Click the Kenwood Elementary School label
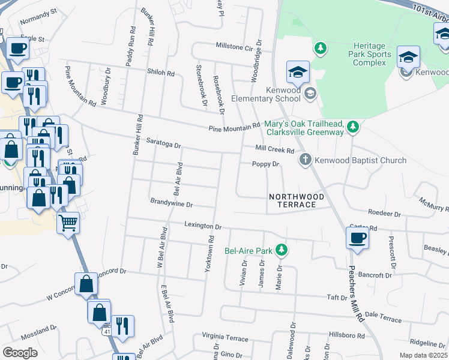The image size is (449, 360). [x=277, y=94]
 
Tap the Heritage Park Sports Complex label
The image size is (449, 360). [x=372, y=54]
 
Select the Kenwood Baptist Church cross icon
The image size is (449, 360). [x=306, y=160]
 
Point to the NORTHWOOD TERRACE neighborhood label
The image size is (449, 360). [x=297, y=200]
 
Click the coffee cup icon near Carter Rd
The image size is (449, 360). [x=357, y=238]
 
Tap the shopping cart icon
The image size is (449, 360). [x=68, y=223]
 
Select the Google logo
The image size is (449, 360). [x=20, y=353]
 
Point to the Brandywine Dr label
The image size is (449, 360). [x=171, y=204]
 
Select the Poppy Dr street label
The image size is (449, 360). [x=266, y=164]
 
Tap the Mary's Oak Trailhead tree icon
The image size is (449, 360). [x=354, y=127]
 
